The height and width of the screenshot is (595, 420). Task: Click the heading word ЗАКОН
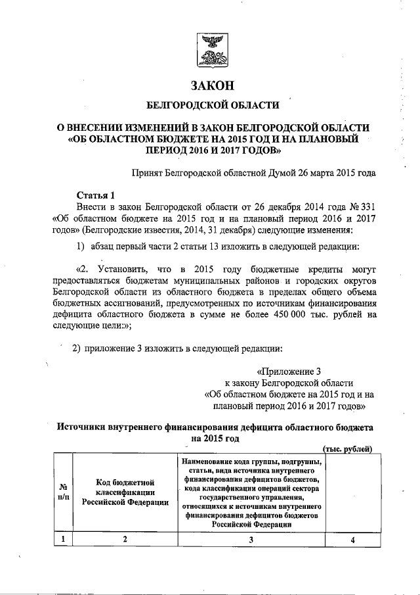(x=212, y=86)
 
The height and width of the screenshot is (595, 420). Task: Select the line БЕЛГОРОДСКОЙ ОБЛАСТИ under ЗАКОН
(x=212, y=105)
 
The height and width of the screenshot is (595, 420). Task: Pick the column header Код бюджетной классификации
(x=124, y=492)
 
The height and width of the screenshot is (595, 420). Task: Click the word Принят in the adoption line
(x=150, y=174)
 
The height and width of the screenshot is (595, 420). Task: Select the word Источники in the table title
(x=82, y=426)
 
